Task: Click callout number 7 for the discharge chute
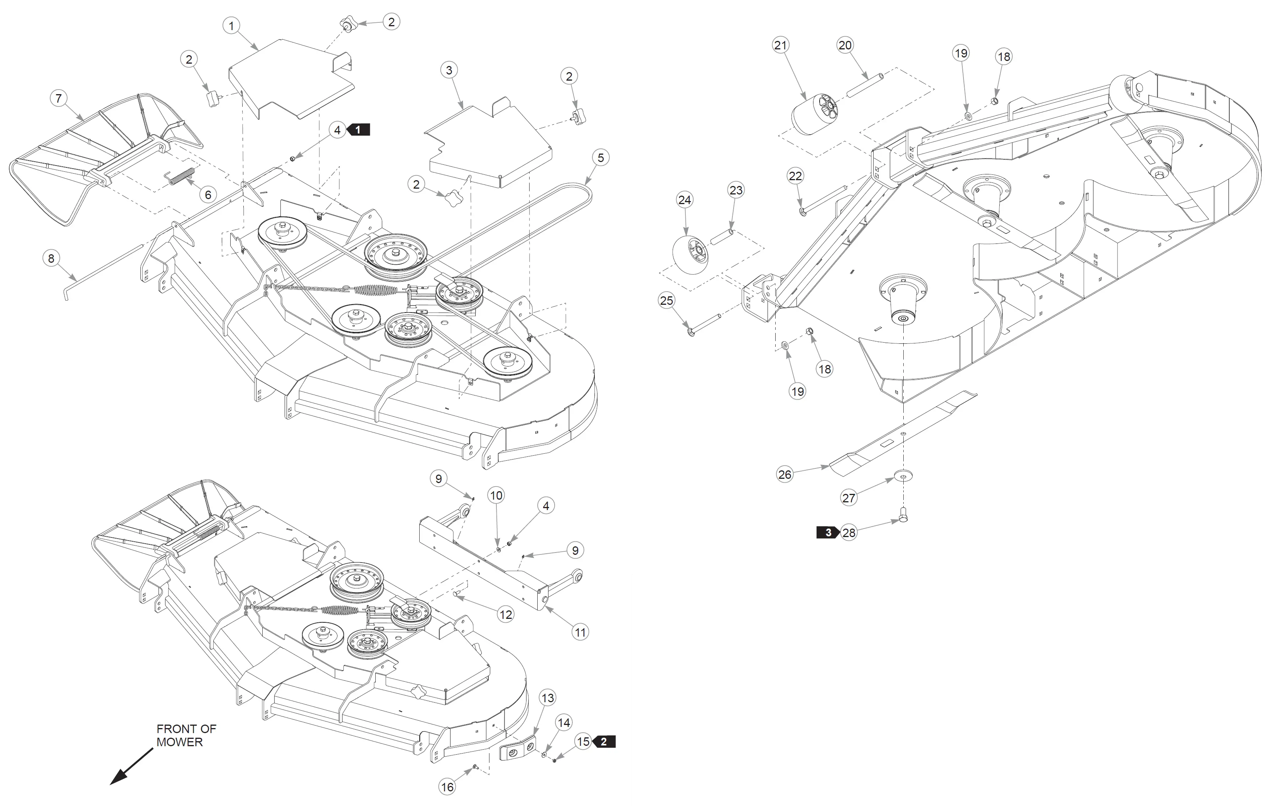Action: [59, 98]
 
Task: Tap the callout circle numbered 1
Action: [231, 25]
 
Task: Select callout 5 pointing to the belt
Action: [601, 158]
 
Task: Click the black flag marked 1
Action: [359, 130]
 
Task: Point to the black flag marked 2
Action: [604, 742]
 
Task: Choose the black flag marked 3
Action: [827, 532]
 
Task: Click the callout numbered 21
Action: [781, 45]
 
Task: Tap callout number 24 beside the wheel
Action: [684, 200]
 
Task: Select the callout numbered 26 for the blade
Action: [785, 475]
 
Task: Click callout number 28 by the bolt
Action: [849, 532]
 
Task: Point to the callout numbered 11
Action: [580, 632]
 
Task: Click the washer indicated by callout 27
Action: [903, 475]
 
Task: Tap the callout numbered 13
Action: [547, 698]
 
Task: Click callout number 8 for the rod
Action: [51, 259]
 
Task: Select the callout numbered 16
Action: [447, 787]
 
